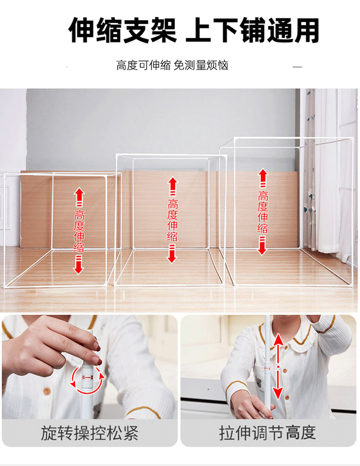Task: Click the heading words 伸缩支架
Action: (x=122, y=31)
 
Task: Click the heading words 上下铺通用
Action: (x=253, y=31)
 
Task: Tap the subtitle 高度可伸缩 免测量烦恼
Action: (x=172, y=65)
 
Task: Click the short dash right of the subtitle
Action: (x=297, y=67)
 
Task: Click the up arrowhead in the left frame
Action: (x=80, y=193)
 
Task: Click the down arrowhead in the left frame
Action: (x=79, y=269)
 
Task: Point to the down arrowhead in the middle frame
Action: (x=171, y=258)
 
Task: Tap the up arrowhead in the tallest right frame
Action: (x=263, y=174)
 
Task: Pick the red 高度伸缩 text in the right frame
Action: (x=262, y=212)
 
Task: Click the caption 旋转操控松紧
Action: (x=89, y=432)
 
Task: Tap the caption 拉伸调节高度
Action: (x=267, y=432)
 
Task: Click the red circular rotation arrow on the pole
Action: (x=87, y=378)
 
